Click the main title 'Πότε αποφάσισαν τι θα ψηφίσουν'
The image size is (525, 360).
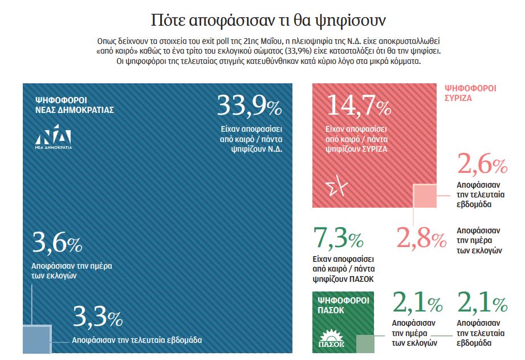262,21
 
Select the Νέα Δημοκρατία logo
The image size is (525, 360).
54,136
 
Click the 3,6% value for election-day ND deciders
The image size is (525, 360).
58,244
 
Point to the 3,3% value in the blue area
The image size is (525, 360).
97,318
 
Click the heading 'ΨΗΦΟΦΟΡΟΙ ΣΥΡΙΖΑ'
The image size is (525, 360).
470,93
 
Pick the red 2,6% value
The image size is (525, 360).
482,165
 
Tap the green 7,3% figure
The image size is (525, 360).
338,238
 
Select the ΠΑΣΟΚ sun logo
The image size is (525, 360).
331,337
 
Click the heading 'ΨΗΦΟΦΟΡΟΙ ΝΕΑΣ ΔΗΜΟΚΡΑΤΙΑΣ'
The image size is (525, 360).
74,104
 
